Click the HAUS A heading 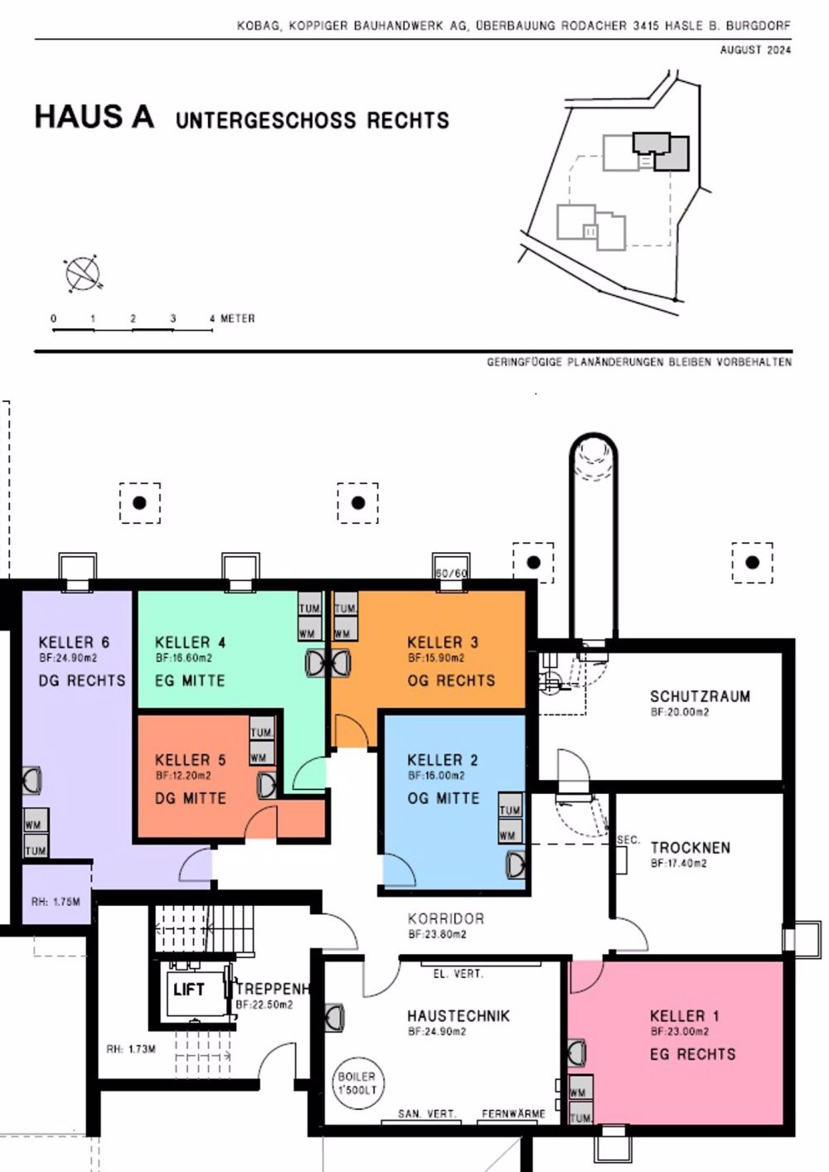tap(95, 117)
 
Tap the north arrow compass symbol tap(82, 274)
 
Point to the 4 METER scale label tap(233, 318)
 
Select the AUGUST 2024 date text tap(755, 50)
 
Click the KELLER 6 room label tap(74, 642)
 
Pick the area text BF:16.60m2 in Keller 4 tap(183, 658)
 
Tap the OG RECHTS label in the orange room tap(451, 680)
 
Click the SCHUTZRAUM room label tap(700, 696)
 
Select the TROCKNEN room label tap(690, 848)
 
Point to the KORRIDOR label tap(445, 918)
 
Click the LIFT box tap(189, 990)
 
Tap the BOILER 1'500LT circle tap(356, 1083)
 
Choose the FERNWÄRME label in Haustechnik tap(513, 1114)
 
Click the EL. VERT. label tap(458, 974)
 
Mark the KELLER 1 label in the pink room tap(684, 1016)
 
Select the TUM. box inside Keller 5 tap(262, 733)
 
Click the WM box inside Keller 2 tap(508, 835)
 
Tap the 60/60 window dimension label tap(452, 573)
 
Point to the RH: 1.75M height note tap(56, 901)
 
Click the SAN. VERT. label tap(426, 1114)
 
